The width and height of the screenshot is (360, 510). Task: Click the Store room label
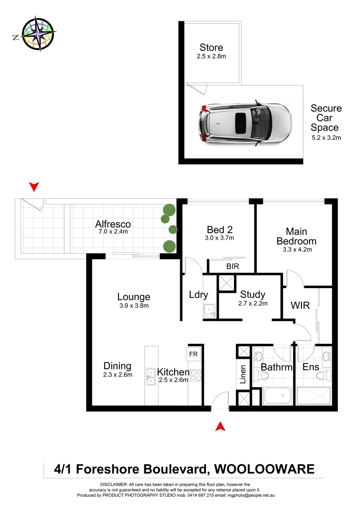(211, 48)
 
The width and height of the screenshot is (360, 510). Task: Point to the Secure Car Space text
(326, 118)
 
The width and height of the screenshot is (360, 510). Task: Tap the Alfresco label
(113, 224)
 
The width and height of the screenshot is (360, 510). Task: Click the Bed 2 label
(219, 229)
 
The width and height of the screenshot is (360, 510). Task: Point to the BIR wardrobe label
(233, 266)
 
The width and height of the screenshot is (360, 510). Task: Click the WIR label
(301, 305)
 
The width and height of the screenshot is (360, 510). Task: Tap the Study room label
(252, 295)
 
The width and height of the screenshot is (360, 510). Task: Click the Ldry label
(198, 295)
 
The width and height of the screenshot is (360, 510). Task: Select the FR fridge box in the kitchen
(193, 353)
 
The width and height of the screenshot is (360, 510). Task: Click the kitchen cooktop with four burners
(196, 375)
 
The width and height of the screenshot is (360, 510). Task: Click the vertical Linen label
(243, 374)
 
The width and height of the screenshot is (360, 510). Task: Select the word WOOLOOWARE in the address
(264, 469)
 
